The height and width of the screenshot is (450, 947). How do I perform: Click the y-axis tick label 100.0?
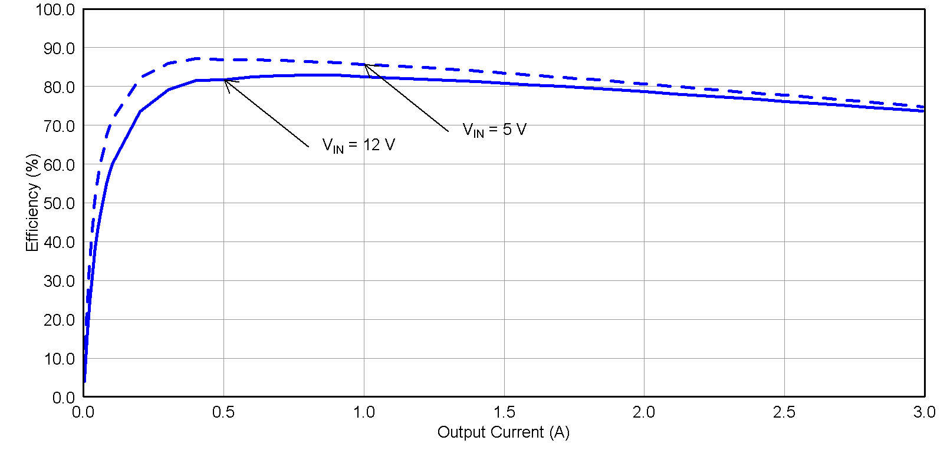click(55, 10)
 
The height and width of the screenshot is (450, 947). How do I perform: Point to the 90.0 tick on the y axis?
click(59, 48)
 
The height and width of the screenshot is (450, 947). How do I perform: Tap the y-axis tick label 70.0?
click(59, 126)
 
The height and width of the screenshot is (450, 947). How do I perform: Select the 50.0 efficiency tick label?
click(59, 204)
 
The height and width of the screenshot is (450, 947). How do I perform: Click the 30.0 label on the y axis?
click(59, 282)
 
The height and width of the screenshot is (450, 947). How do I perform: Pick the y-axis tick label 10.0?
click(59, 359)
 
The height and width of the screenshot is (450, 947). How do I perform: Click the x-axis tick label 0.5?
click(223, 412)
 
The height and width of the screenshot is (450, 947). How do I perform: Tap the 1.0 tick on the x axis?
click(364, 412)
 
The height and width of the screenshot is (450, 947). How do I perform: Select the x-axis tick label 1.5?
click(504, 412)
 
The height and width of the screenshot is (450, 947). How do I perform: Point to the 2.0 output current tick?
click(644, 412)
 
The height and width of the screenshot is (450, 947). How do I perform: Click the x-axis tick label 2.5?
click(784, 412)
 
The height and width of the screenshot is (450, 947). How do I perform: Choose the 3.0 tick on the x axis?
click(924, 412)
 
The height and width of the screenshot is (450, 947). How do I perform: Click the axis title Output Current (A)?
click(503, 432)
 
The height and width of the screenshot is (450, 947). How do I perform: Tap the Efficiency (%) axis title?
click(32, 203)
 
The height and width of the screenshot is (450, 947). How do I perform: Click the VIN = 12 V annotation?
click(359, 145)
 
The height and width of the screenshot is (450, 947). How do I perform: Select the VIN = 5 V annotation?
click(494, 130)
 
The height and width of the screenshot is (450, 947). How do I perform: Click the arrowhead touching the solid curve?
click(225, 81)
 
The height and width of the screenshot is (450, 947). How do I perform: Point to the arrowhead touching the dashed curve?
click(366, 65)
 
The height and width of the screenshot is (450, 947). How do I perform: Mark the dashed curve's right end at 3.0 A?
click(923, 107)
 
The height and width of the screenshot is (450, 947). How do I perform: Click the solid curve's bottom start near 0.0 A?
click(85, 381)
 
